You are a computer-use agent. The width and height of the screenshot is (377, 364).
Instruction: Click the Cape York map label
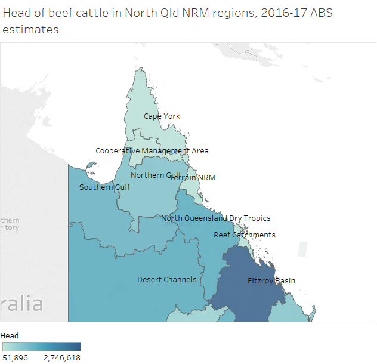click(x=162, y=116)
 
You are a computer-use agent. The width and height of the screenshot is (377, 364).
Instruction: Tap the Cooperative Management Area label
click(x=152, y=151)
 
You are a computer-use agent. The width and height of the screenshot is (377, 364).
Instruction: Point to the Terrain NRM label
click(x=193, y=177)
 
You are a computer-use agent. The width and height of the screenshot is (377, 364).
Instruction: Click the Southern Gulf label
click(x=105, y=187)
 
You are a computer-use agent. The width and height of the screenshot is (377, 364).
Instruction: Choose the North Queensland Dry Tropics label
click(x=215, y=218)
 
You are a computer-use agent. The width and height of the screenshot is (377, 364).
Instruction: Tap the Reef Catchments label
click(x=245, y=235)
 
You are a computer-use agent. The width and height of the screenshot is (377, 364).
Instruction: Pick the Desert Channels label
click(x=167, y=279)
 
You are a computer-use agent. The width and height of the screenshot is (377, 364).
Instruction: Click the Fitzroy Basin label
click(x=271, y=280)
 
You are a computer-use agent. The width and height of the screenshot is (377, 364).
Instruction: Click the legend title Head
click(x=10, y=335)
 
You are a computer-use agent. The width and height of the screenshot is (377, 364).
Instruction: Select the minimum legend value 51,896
click(x=15, y=357)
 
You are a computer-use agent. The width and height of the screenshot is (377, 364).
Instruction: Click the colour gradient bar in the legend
click(x=41, y=346)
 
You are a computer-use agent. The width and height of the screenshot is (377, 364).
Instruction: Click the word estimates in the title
click(x=31, y=29)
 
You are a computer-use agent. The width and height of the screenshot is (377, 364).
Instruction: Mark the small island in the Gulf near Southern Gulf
click(x=90, y=165)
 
